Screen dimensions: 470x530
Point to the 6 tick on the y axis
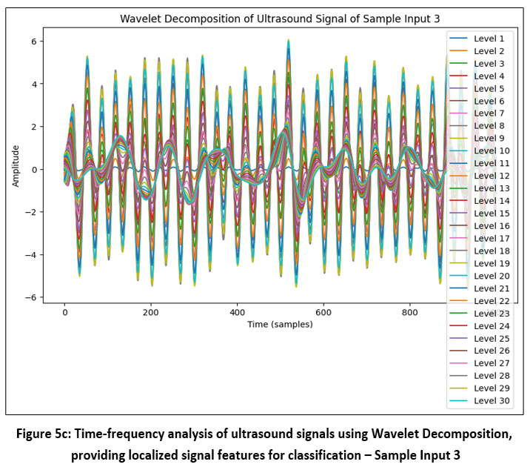34,42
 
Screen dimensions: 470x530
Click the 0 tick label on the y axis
34,170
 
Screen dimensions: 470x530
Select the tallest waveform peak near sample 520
289,42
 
